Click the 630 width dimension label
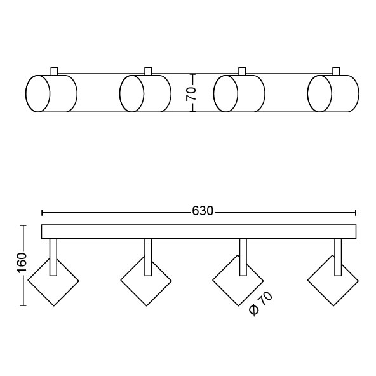(x=203, y=211)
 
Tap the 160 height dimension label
(x=22, y=263)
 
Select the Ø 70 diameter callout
(x=260, y=303)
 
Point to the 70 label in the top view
(x=191, y=93)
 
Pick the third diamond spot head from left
(x=238, y=281)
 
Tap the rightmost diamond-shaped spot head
(x=333, y=281)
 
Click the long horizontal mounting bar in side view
(x=199, y=232)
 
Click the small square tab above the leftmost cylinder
(x=54, y=71)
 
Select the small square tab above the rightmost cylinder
(x=336, y=71)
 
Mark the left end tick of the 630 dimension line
(x=42, y=213)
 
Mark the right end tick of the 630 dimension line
(x=356, y=213)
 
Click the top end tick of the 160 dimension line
(x=23, y=225)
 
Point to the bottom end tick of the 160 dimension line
(x=23, y=305)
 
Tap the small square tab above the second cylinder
(x=148, y=71)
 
